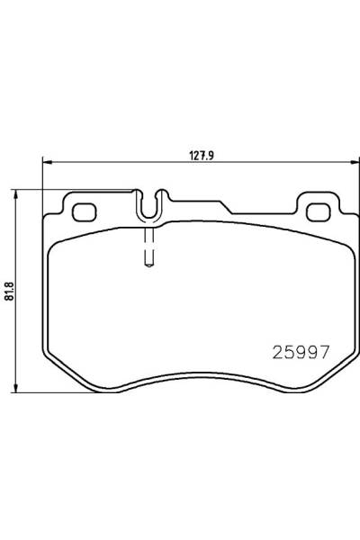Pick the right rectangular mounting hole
coord(319,212)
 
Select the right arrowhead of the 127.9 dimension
coord(352,163)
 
